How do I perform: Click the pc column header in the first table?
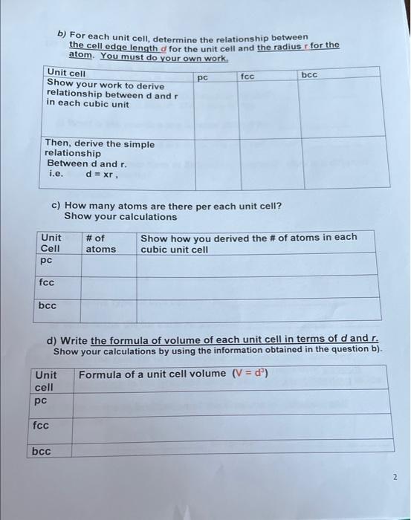(x=203, y=77)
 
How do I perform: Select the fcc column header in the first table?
(x=248, y=76)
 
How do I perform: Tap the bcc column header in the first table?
(x=310, y=75)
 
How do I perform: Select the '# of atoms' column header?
(x=100, y=243)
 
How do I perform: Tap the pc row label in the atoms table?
(x=46, y=261)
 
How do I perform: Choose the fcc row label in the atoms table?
(x=47, y=283)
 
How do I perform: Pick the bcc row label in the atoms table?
(x=48, y=305)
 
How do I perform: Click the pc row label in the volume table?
(x=40, y=400)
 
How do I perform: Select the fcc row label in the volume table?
(x=41, y=426)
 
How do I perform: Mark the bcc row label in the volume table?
(x=42, y=451)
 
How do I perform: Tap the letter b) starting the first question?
(x=62, y=34)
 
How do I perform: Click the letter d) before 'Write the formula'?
(x=53, y=341)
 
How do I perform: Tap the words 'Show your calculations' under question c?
(x=120, y=217)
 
